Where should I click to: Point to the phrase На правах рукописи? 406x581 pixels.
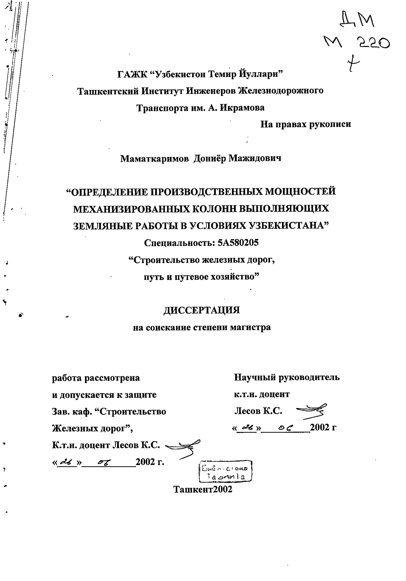pos(305,124)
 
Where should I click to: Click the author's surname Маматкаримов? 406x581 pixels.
pos(154,159)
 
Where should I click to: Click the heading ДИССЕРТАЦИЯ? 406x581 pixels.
pos(202,310)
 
